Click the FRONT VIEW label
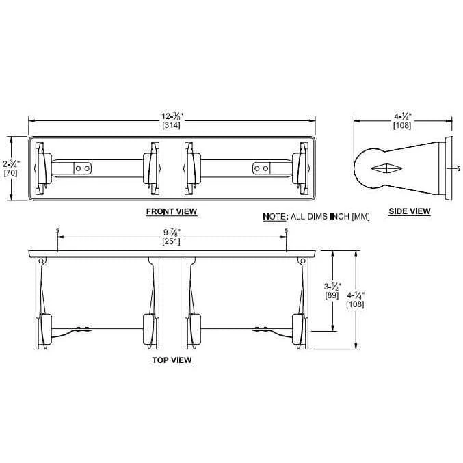[x=171, y=211]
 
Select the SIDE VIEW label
[x=409, y=211]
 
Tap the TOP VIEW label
[x=171, y=360]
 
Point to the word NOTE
[x=274, y=217]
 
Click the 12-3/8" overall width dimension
[x=171, y=117]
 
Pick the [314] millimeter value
[x=171, y=126]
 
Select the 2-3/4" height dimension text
[x=10, y=164]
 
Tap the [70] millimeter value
[x=10, y=173]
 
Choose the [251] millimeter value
[x=171, y=242]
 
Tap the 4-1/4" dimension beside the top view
[x=356, y=295]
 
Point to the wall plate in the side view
[x=449, y=168]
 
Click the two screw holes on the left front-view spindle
[x=81, y=168]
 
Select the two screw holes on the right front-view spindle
[x=262, y=168]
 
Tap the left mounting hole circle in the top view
[x=42, y=261]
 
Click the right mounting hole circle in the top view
[x=302, y=261]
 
